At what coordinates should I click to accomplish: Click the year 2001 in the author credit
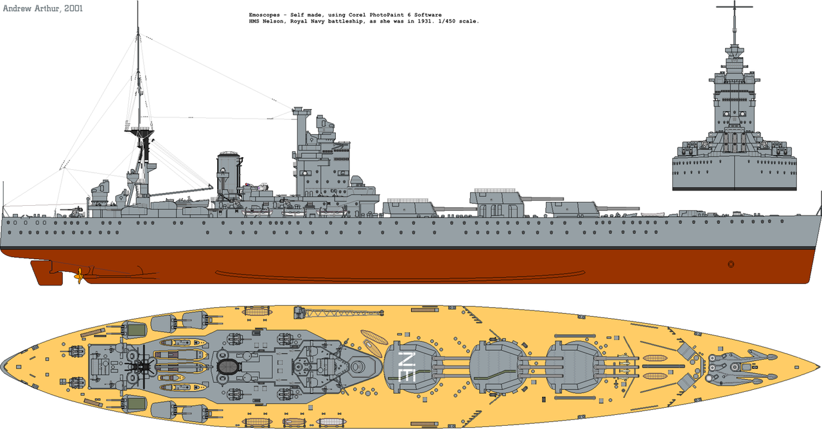click(x=73, y=8)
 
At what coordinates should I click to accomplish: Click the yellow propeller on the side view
click(x=79, y=276)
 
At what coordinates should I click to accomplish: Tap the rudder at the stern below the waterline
click(x=47, y=273)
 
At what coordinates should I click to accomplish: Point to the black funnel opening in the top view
click(x=227, y=366)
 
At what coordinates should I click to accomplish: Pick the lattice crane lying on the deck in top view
click(x=338, y=313)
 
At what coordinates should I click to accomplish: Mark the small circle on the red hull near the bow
click(x=731, y=264)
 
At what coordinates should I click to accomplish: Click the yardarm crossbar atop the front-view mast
click(x=734, y=6)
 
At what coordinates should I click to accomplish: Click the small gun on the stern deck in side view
click(x=76, y=211)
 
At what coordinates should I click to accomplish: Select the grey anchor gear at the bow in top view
click(x=741, y=367)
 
